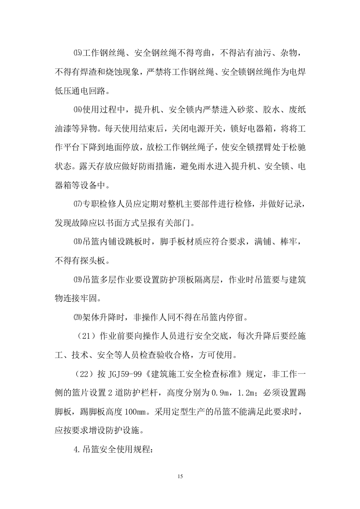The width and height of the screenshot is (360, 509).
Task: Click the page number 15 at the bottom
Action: coord(180,476)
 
